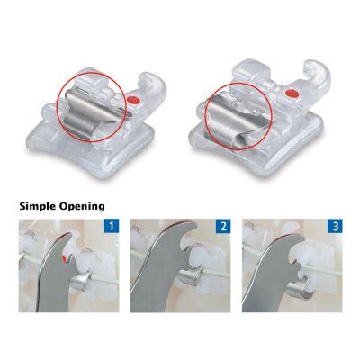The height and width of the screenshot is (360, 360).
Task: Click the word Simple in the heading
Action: pos(38,207)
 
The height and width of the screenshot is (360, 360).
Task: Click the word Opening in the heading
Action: pos(82,207)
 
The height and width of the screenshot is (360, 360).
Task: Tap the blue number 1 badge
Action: pos(112,226)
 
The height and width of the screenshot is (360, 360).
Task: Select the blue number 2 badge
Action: pos(223,226)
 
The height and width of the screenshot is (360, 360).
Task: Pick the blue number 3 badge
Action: pos(335,226)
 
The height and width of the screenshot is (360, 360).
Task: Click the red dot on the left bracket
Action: pos(132,100)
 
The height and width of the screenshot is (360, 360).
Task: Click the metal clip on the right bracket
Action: pos(232,121)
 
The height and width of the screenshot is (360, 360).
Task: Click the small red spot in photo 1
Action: pos(64,257)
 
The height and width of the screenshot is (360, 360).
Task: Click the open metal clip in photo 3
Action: pos(301,288)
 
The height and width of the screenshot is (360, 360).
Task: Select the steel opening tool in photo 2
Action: pos(162,270)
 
